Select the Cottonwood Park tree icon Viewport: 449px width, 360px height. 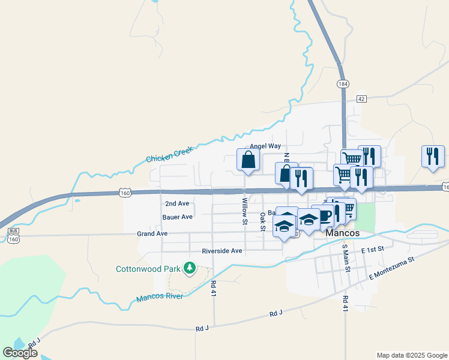pos(190,268)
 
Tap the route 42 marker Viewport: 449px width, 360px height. pos(361,98)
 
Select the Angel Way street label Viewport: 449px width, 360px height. pos(265,146)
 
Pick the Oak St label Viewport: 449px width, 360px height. pos(262,221)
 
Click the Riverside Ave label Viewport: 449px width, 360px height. pos(221,251)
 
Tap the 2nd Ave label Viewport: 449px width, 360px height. pos(177,203)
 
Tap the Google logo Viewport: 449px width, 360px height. pos(20,353)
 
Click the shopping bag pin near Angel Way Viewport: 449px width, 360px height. pos(249,160)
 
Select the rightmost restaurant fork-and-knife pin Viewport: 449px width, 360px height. pos(433,157)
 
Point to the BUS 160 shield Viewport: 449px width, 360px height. pos(13,234)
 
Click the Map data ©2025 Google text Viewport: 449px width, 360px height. pos(411,355)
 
